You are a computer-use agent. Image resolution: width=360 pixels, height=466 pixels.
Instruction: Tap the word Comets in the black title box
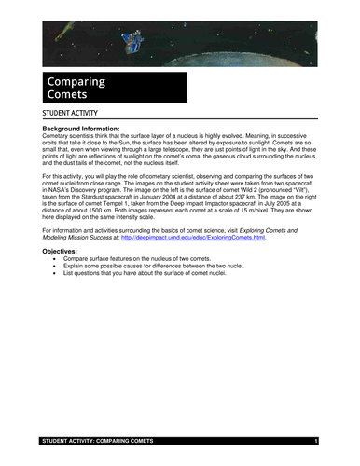point(68,95)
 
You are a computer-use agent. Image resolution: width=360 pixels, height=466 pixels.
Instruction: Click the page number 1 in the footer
point(317,439)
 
